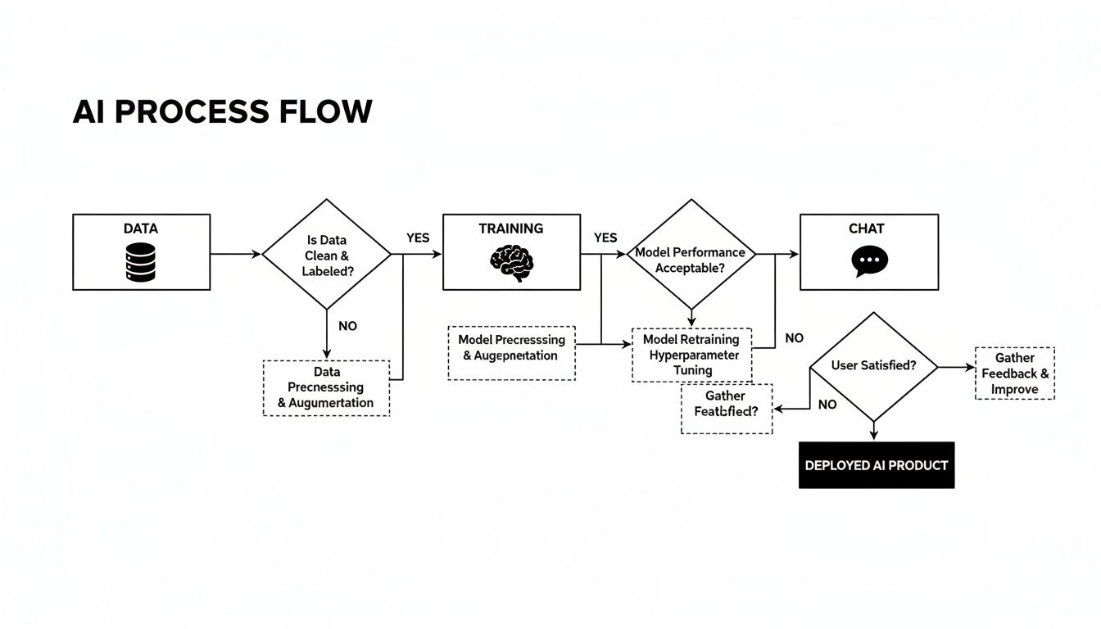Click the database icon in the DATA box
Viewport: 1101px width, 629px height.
click(x=141, y=262)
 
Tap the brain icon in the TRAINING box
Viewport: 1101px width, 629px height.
click(x=511, y=263)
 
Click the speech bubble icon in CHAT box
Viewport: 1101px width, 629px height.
click(x=868, y=261)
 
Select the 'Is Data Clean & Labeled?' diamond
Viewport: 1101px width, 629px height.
click(x=327, y=254)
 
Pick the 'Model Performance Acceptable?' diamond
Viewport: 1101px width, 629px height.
click(x=691, y=254)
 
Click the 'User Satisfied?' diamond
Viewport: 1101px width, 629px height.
click(x=873, y=366)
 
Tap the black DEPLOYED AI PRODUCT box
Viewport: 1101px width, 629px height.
click(x=877, y=465)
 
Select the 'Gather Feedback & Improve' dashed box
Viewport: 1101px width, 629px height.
click(x=1014, y=373)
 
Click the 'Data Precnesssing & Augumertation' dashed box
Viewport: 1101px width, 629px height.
click(x=326, y=387)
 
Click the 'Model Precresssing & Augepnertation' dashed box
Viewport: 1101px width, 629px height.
click(x=511, y=348)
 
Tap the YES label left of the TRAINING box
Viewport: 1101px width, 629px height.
click(x=418, y=238)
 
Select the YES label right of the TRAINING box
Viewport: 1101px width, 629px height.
click(x=605, y=238)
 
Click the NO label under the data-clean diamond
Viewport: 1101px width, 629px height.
click(x=347, y=326)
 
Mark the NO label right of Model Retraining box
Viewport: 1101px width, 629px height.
click(x=794, y=337)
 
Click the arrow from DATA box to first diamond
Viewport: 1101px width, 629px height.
click(x=236, y=254)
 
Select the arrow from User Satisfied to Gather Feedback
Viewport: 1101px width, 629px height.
click(x=956, y=367)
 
